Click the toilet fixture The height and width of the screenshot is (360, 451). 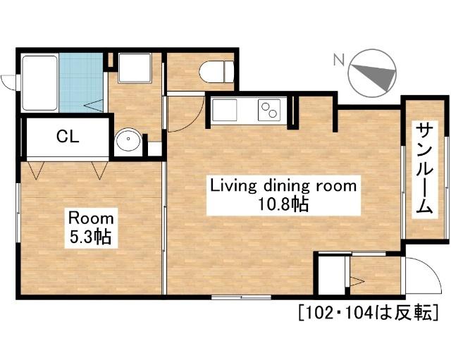click(216, 72)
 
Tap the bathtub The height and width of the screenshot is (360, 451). click(39, 83)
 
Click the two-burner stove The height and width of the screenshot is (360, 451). click(269, 110)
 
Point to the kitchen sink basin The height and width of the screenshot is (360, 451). click(224, 110)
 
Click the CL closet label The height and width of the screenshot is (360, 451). click(68, 137)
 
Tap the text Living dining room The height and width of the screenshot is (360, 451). click(283, 186)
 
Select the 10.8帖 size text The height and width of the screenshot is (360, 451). click(283, 204)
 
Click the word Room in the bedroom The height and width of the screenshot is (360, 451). click(91, 218)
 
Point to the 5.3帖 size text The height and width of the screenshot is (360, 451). click(91, 236)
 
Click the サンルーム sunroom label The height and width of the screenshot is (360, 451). click(425, 169)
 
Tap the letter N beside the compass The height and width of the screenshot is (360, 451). click(339, 59)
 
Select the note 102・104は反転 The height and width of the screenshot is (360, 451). click(369, 312)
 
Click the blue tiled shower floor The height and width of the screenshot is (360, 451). click(81, 82)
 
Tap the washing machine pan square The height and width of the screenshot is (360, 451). click(135, 68)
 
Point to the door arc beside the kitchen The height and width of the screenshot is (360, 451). click(192, 121)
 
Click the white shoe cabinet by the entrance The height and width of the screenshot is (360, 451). click(332, 275)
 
